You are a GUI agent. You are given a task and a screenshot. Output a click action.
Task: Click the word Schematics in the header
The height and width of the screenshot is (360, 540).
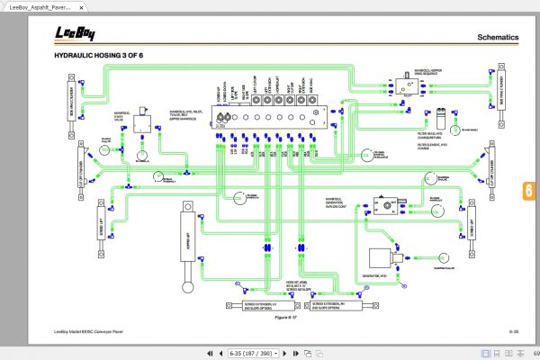point(498,38)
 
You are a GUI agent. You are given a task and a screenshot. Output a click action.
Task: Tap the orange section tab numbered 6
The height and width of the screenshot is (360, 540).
point(529,191)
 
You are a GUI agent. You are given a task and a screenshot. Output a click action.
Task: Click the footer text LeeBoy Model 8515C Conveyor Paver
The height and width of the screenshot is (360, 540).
point(94,333)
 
